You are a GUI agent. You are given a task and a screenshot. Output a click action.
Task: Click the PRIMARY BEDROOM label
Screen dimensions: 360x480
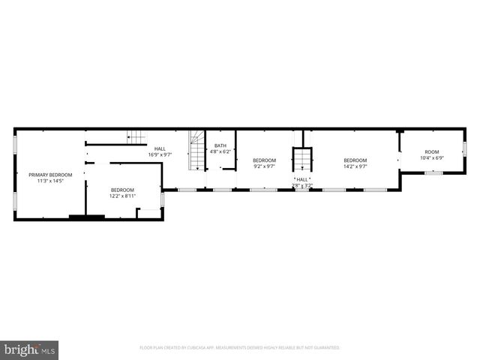(x=51, y=175)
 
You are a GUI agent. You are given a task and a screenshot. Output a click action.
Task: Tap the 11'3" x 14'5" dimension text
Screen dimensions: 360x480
(x=51, y=181)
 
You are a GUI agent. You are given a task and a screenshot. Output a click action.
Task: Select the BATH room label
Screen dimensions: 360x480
(x=220, y=145)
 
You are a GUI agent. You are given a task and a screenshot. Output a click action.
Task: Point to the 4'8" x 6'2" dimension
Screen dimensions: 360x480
(x=220, y=151)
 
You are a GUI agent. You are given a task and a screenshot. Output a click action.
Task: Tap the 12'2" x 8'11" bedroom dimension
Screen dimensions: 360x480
(x=122, y=196)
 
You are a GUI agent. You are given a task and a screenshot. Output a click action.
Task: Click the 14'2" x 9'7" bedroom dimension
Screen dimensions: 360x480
(x=355, y=166)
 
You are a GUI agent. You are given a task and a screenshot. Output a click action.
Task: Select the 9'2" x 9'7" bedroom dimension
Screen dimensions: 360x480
(x=264, y=166)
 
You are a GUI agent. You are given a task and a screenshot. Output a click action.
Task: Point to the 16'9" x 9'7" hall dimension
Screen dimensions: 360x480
(x=160, y=154)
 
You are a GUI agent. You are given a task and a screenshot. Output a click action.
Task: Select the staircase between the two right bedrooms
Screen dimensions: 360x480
(x=301, y=161)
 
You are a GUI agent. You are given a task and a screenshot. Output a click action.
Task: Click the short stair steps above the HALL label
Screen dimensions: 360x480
(x=136, y=136)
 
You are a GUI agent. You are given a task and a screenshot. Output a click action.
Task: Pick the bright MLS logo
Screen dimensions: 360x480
(x=29, y=349)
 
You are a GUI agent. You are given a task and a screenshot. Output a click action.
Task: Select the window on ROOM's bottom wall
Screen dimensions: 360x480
(x=433, y=173)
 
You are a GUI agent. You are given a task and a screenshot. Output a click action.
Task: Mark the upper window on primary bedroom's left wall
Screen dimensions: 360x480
(x=15, y=141)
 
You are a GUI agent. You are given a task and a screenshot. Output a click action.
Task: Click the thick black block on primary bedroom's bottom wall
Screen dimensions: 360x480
(x=86, y=217)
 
